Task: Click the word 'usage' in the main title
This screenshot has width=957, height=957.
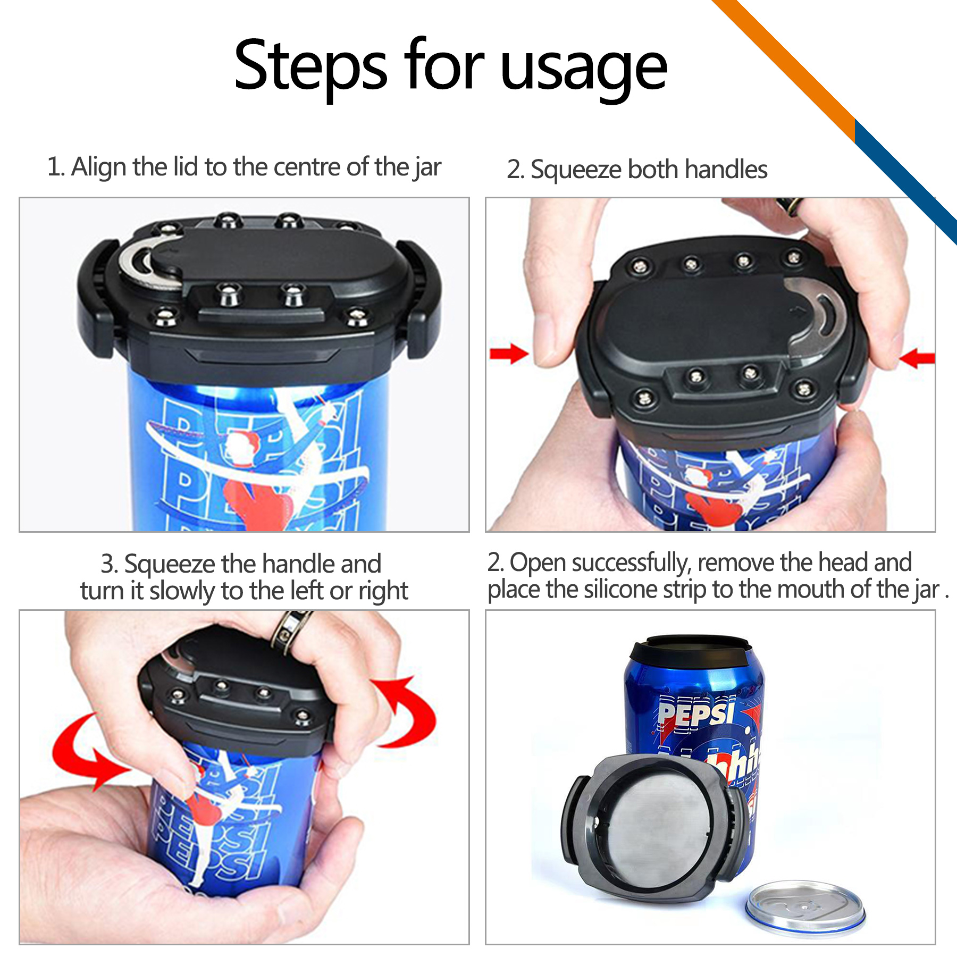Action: pos(583,69)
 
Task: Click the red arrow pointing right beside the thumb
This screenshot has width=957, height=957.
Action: pos(508,353)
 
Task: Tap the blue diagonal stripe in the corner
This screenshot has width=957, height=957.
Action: pos(904,181)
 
